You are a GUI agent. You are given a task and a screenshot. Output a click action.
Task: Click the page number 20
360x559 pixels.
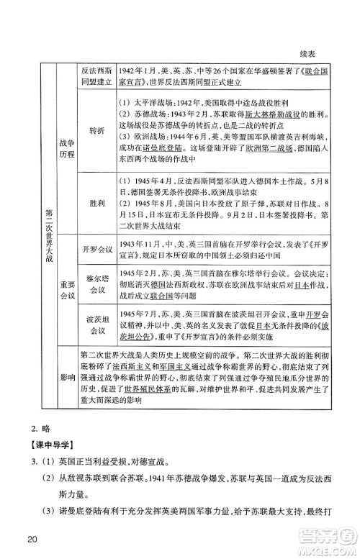[x=30, y=540]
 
